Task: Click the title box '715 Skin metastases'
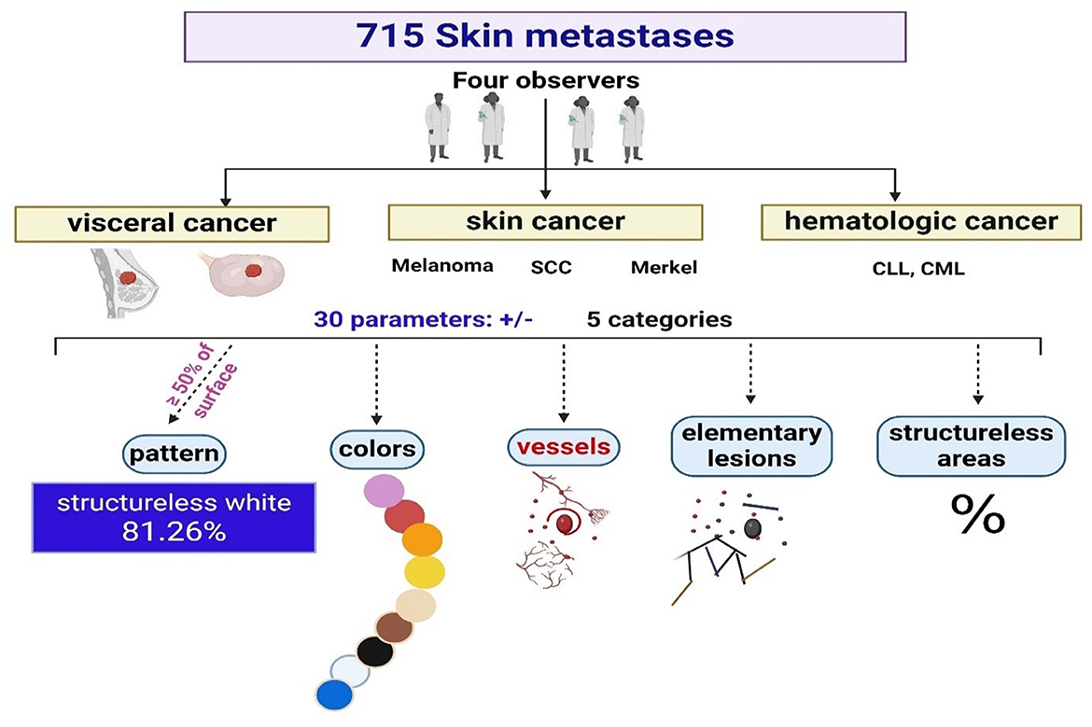point(545,37)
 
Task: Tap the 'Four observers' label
point(546,81)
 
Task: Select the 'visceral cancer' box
point(173,224)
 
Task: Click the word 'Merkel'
point(665,267)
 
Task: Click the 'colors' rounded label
point(376,450)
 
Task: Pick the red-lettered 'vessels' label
point(564,446)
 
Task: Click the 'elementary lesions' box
point(747,445)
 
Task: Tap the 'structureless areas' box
point(971,445)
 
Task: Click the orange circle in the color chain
point(422,541)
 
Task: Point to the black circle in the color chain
point(375,651)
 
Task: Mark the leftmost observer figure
point(437,130)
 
